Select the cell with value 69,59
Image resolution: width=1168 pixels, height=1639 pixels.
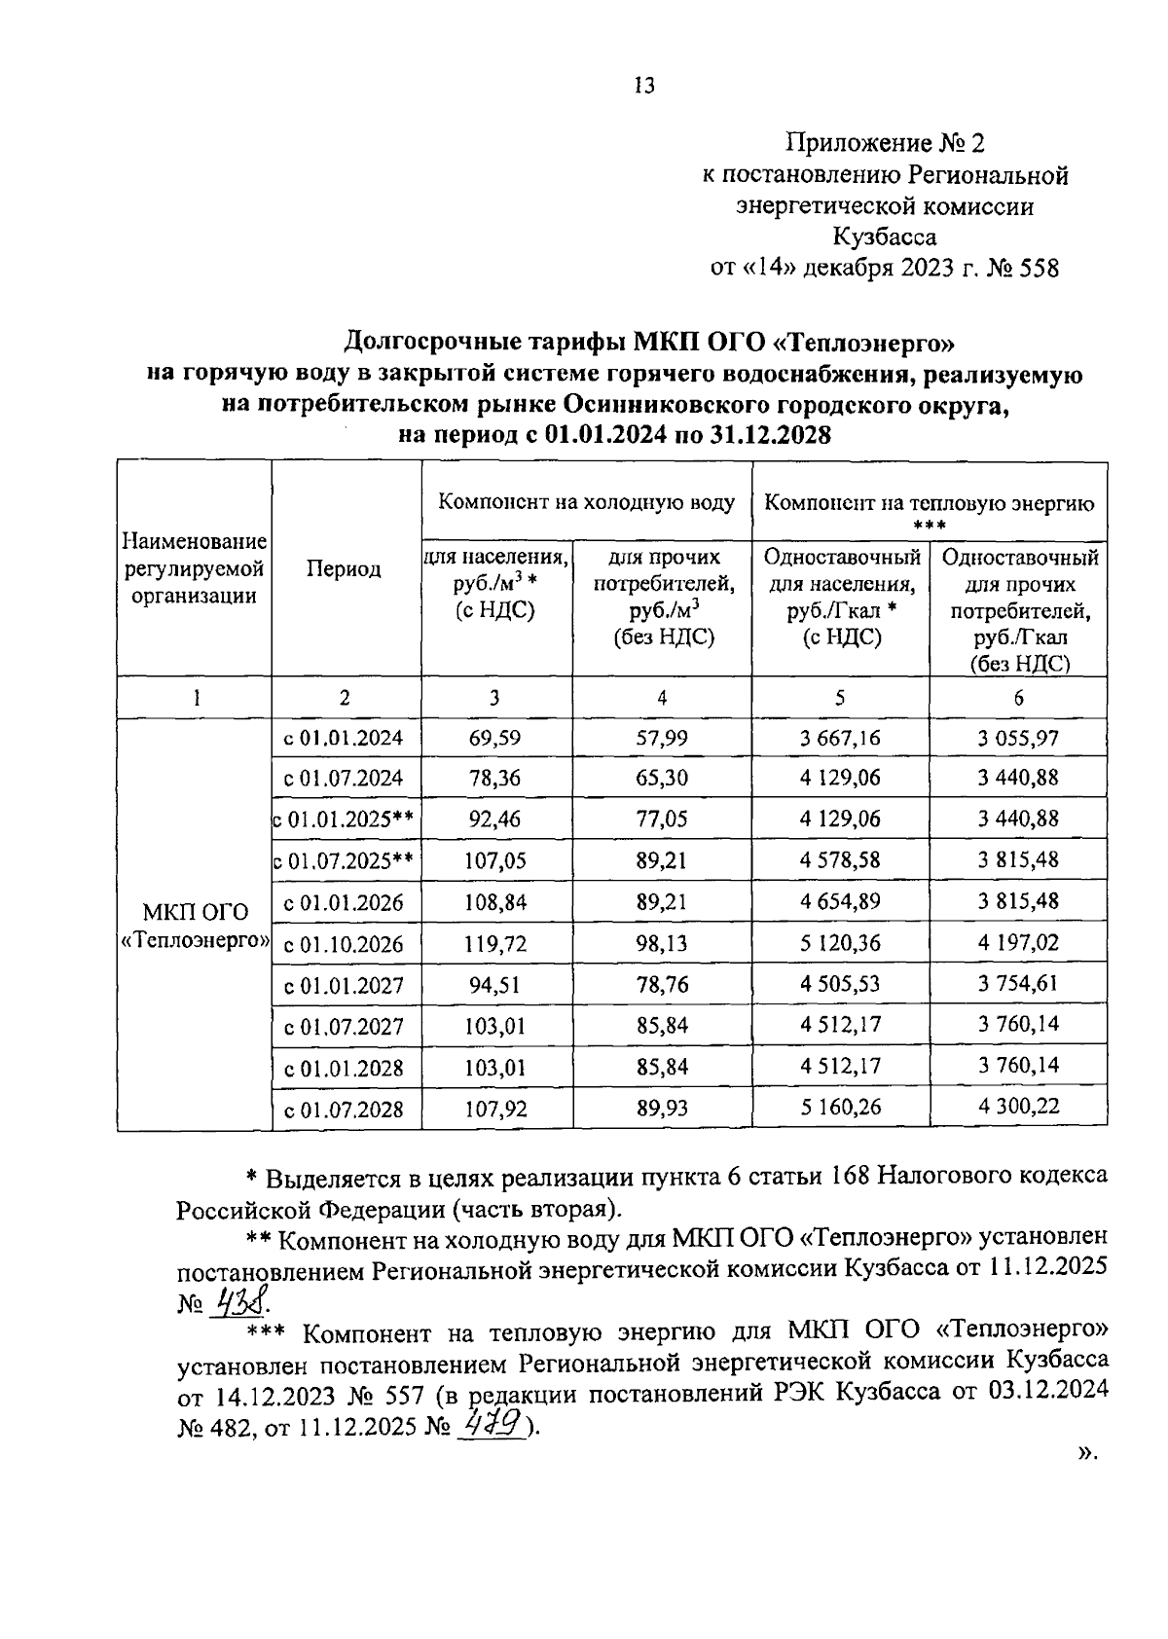(494, 738)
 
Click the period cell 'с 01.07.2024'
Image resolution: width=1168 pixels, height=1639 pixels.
(344, 779)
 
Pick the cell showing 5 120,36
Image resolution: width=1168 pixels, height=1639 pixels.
(840, 943)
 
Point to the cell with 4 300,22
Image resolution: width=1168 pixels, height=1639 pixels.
(1018, 1107)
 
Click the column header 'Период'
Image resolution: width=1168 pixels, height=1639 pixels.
(344, 569)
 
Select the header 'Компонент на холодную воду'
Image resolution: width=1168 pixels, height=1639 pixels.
(586, 503)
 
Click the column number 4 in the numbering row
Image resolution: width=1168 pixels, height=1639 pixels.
(662, 698)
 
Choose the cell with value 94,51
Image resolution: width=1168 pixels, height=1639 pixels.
(494, 985)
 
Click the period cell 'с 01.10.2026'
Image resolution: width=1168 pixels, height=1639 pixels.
(344, 944)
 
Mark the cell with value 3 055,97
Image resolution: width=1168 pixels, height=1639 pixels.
(1018, 738)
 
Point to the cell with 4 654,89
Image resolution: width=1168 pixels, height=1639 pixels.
(840, 901)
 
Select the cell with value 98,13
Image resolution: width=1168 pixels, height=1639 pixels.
(662, 943)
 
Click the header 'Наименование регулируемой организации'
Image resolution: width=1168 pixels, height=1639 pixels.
(195, 568)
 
